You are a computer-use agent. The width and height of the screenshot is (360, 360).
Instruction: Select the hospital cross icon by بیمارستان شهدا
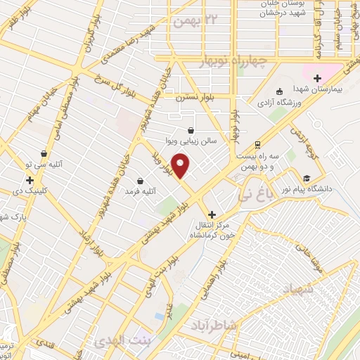pyautogui.click(x=316, y=78)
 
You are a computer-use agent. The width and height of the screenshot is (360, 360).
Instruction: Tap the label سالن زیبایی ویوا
pyautogui.click(x=191, y=141)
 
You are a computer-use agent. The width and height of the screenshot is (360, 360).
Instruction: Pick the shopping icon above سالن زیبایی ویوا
pyautogui.click(x=191, y=129)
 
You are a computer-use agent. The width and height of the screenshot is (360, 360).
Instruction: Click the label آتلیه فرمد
pyautogui.click(x=140, y=191)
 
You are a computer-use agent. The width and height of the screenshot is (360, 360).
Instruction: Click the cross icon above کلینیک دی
pyautogui.click(x=30, y=180)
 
